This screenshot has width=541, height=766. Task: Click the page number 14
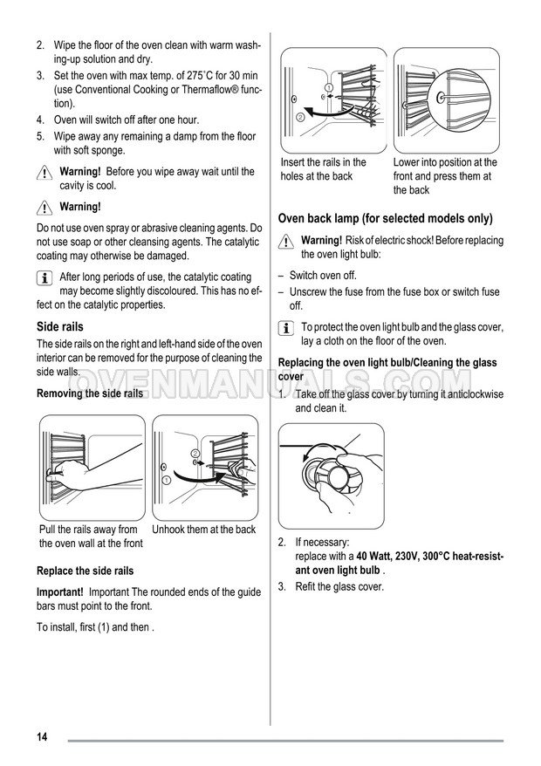pos(42,737)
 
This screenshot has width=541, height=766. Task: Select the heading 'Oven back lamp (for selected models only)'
pos(385,219)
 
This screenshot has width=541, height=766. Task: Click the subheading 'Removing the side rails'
pos(90,393)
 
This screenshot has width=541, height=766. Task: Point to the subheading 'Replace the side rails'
pos(85,571)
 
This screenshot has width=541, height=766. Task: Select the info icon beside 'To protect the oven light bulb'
pos(285,328)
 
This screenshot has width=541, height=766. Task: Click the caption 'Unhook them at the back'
pos(204,530)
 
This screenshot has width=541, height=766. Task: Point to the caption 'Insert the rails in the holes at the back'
pos(323,169)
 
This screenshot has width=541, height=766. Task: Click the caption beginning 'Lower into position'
pos(445,175)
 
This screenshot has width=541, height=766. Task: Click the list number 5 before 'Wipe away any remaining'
pos(40,136)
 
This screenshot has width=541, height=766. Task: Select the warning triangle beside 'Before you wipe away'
pos(45,174)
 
